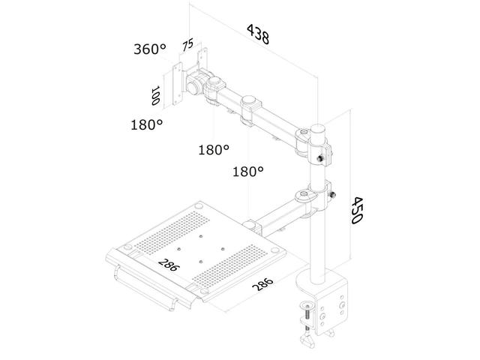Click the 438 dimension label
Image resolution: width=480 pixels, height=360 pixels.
coord(257,34)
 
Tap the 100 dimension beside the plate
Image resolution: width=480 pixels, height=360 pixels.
coord(157,95)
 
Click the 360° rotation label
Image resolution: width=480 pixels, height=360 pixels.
coord(150,49)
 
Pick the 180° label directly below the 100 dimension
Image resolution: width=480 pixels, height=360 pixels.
coord(146,124)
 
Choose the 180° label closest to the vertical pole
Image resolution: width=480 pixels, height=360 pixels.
coord(248,172)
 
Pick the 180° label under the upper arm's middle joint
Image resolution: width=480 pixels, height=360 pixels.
coord(214,149)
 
